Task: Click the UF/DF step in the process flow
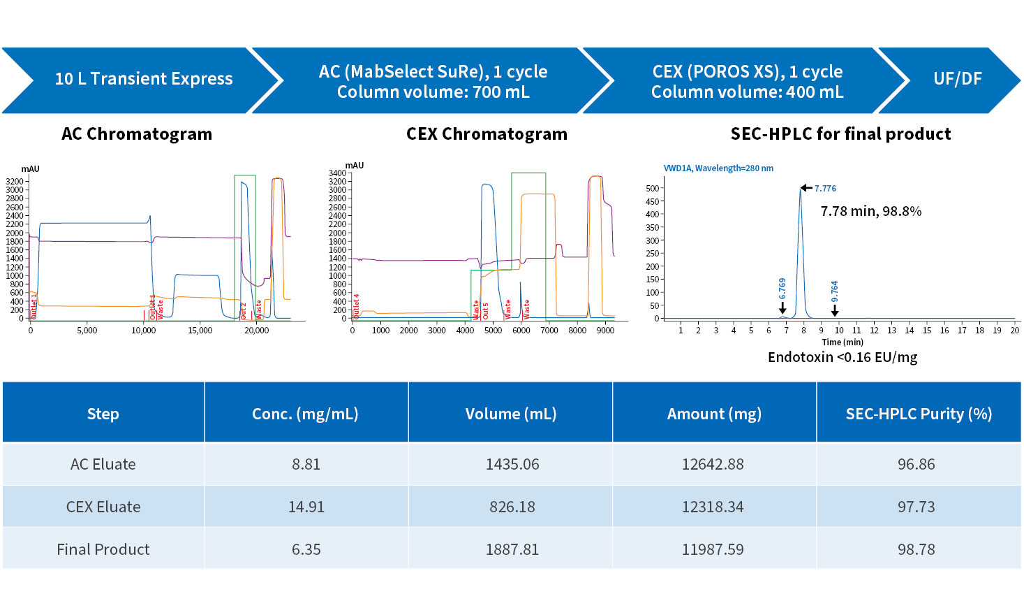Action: [957, 79]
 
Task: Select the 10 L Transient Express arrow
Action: [143, 79]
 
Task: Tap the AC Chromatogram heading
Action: [137, 134]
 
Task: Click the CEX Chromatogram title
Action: [487, 134]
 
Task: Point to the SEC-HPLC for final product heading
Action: [840, 134]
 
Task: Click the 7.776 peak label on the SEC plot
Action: [825, 189]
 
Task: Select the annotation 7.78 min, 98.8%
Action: [870, 211]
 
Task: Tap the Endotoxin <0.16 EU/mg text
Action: [843, 357]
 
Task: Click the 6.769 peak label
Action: [782, 289]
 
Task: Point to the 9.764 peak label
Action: [835, 291]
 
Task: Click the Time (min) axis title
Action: [843, 342]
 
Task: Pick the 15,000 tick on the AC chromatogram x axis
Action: [200, 331]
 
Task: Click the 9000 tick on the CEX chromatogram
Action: [605, 331]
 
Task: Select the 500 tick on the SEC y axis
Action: [652, 188]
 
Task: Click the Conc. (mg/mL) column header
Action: [305, 414]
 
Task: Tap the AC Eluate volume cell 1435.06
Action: [512, 464]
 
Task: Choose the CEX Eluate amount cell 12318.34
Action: [713, 507]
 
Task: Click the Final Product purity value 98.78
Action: [916, 549]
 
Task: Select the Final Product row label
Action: [103, 549]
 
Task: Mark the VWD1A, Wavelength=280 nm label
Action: [718, 168]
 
